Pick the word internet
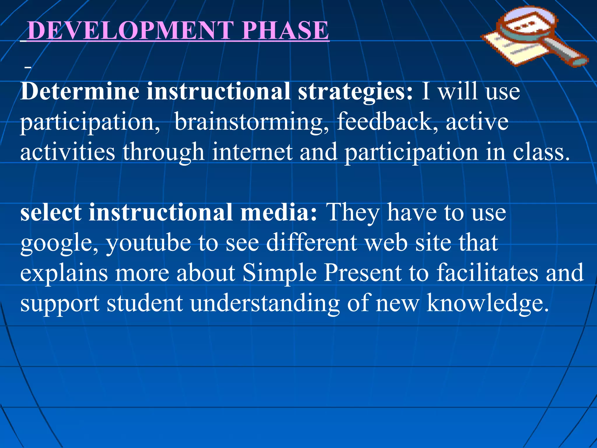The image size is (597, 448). coord(252,152)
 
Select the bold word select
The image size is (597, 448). coord(51,212)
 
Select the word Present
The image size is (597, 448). coord(363,273)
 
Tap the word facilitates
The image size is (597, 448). coord(487,273)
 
